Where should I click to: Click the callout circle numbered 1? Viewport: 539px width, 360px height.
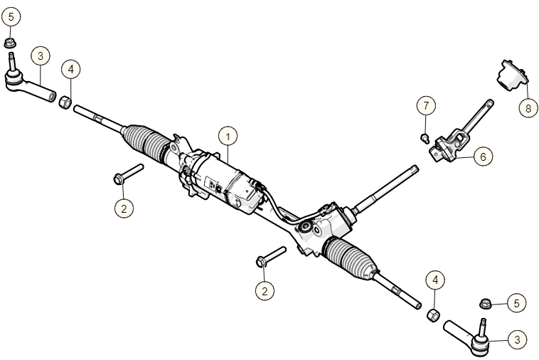coord(228,136)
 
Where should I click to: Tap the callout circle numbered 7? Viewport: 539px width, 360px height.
coord(425,106)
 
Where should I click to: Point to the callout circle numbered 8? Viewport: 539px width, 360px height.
coord(528,108)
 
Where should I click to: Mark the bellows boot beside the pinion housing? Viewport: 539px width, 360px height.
coord(350,259)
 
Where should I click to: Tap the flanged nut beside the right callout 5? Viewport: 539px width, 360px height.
coord(486,303)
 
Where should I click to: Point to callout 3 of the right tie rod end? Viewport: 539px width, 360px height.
coord(518,340)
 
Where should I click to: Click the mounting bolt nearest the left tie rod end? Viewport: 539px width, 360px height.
coord(128,174)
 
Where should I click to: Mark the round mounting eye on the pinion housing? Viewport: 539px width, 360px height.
coord(307,228)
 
